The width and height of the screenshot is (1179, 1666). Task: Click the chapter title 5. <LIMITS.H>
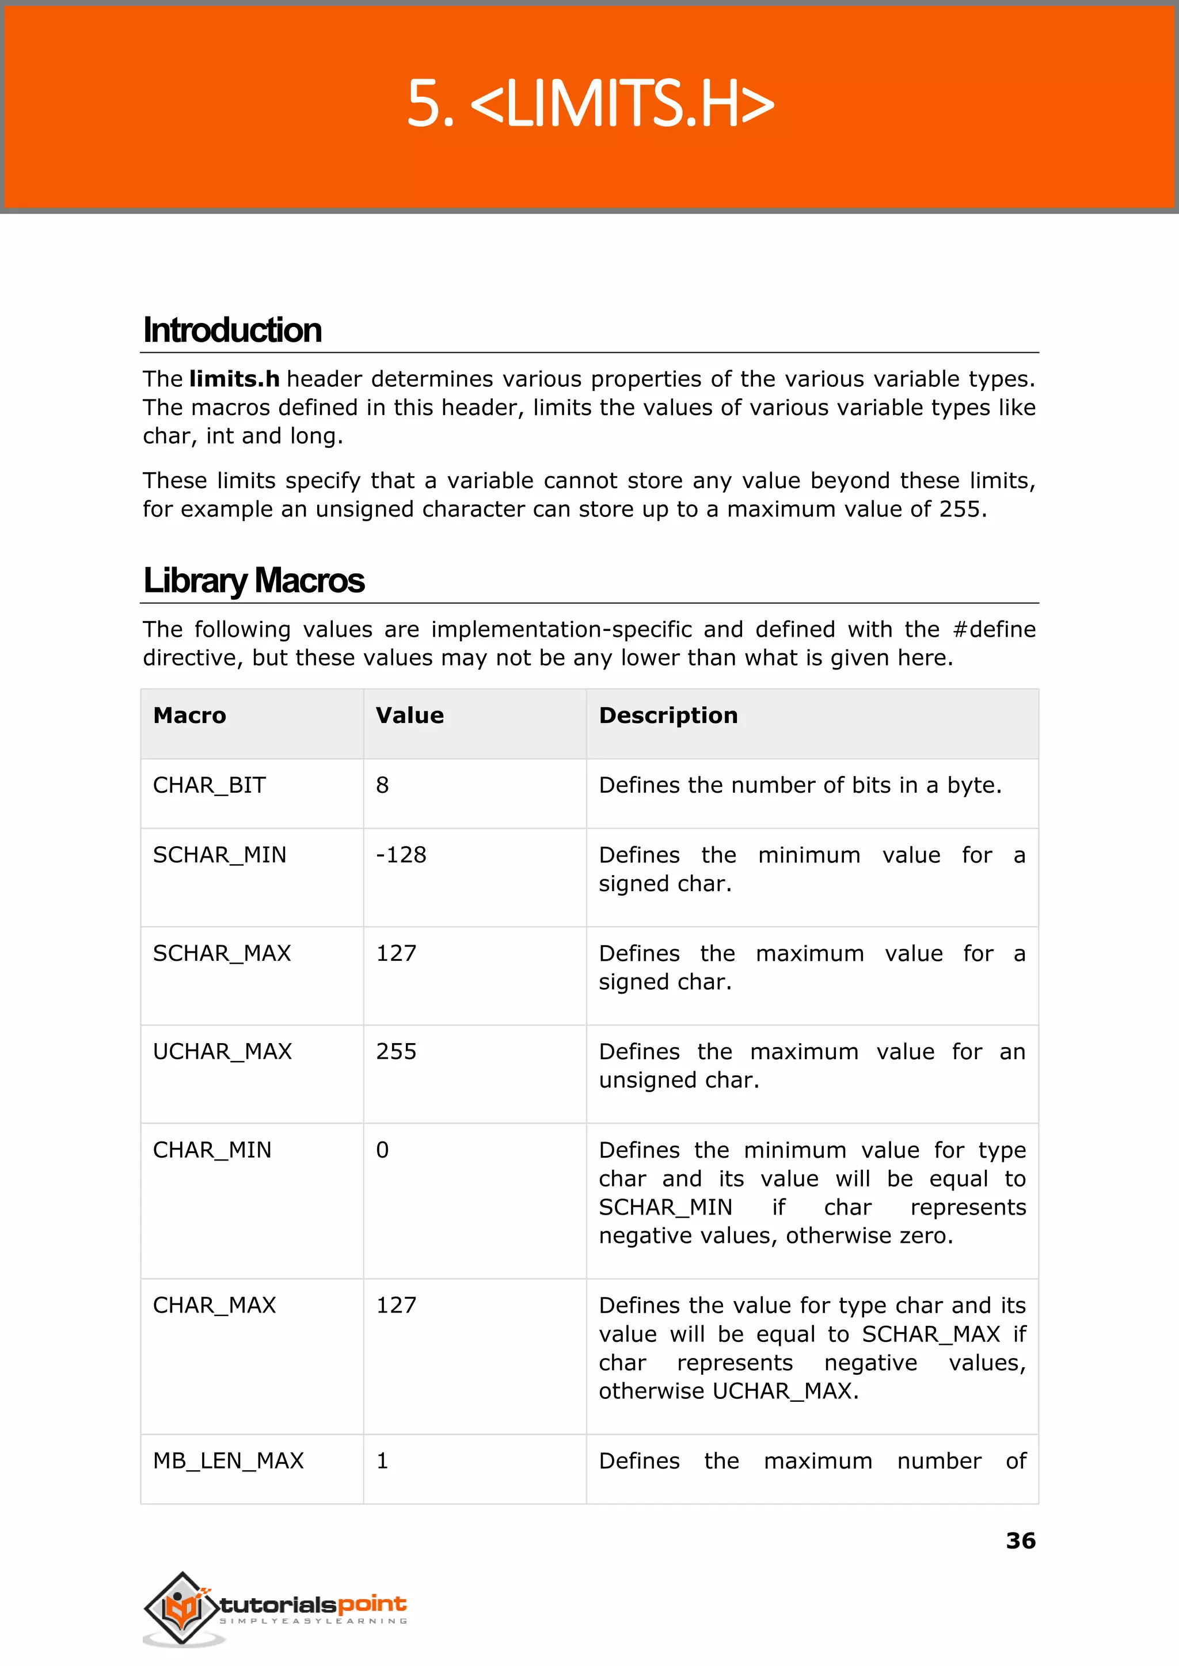click(x=589, y=103)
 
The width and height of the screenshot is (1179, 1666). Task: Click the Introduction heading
click(x=233, y=330)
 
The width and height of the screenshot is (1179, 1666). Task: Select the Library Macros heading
click(x=253, y=581)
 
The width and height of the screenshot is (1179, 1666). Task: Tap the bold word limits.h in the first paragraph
click(x=234, y=379)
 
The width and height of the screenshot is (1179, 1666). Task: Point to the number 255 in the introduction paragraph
click(x=960, y=509)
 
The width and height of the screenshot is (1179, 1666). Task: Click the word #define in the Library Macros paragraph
click(x=994, y=629)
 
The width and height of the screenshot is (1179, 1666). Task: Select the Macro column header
click(x=189, y=716)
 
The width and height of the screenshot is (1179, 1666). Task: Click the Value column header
click(x=409, y=716)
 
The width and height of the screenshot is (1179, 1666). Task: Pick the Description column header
click(x=668, y=716)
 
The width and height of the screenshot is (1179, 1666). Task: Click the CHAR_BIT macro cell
click(x=209, y=785)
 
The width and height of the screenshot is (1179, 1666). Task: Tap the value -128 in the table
click(x=401, y=855)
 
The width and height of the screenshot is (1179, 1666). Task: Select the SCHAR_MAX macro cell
click(x=222, y=953)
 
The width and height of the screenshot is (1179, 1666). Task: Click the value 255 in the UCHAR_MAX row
click(x=397, y=1052)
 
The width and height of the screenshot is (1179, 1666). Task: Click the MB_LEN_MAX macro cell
click(x=228, y=1460)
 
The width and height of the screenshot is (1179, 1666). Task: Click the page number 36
click(x=1020, y=1541)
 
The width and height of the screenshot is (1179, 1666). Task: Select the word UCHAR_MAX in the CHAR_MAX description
click(x=782, y=1391)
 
